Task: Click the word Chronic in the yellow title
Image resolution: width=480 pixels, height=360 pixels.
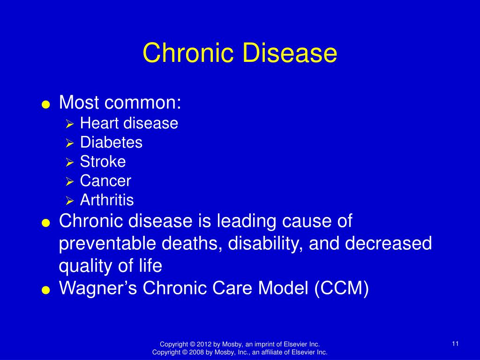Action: tap(188, 52)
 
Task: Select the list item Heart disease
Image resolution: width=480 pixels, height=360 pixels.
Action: tap(129, 123)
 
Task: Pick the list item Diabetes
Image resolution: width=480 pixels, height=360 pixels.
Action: tap(111, 142)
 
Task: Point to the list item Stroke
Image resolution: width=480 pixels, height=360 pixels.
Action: tap(103, 162)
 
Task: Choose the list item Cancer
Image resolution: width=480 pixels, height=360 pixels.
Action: tap(105, 181)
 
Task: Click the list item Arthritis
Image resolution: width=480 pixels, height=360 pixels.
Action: tap(107, 200)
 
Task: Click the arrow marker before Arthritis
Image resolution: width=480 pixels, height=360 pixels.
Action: tap(69, 201)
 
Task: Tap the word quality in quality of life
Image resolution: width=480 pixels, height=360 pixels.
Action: tap(85, 266)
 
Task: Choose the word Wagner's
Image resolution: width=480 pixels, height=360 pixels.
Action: tap(98, 288)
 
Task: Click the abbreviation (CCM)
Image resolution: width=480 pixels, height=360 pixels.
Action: tap(341, 288)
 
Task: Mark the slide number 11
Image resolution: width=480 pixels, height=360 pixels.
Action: tap(455, 344)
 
